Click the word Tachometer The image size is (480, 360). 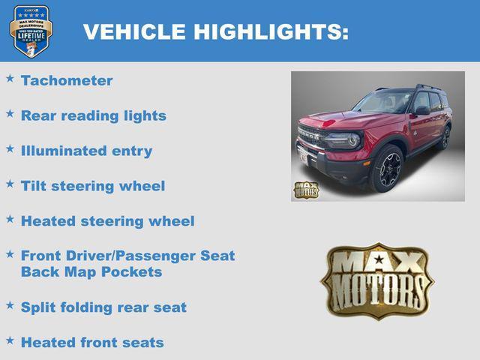click(x=67, y=81)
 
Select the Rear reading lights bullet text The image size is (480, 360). click(x=94, y=116)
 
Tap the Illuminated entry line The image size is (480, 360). click(x=86, y=151)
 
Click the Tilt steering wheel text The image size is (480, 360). click(x=93, y=186)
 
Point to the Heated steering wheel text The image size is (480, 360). click(x=107, y=221)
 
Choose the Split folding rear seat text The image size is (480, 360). click(x=103, y=307)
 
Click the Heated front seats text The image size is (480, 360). click(x=92, y=343)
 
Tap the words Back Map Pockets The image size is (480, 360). click(x=91, y=272)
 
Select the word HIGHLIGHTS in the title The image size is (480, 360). click(x=270, y=32)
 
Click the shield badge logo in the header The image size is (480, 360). click(x=31, y=31)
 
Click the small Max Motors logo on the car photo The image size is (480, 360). click(x=305, y=190)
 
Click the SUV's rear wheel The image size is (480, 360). click(x=445, y=138)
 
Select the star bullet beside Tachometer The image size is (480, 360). click(x=10, y=78)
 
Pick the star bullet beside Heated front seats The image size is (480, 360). click(x=10, y=340)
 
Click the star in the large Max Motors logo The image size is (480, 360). click(x=378, y=260)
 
